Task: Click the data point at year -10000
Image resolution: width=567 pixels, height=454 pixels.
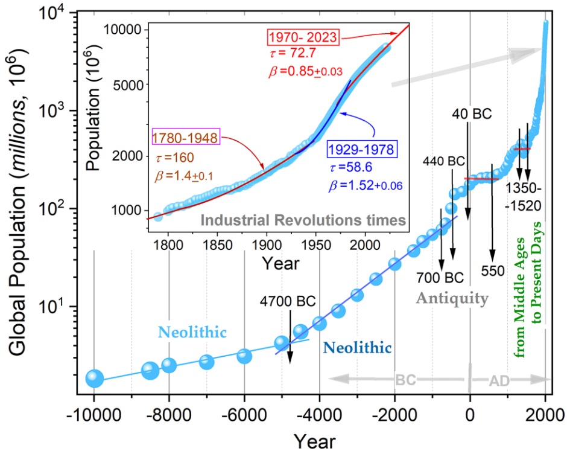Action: point(94,379)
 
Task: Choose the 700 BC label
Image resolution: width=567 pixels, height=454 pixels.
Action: point(440,278)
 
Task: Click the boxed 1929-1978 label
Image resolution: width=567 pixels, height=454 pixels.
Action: point(360,148)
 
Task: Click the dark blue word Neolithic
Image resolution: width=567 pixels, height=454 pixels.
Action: point(357,348)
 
